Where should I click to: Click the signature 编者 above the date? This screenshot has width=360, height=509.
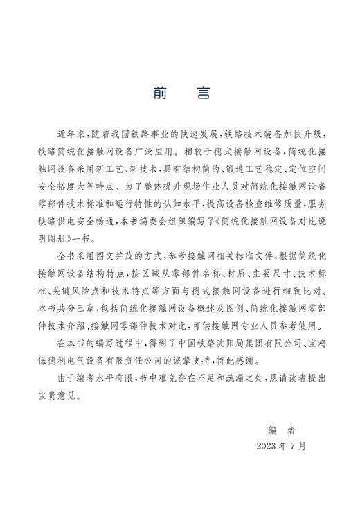click(x=284, y=429)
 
